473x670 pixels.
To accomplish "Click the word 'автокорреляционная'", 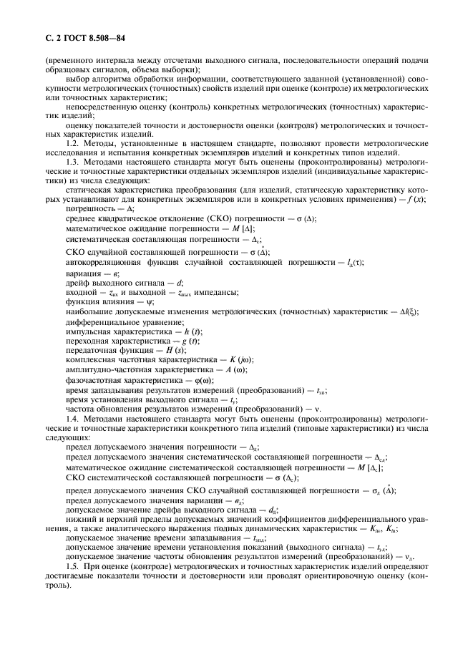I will [x=105, y=263].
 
